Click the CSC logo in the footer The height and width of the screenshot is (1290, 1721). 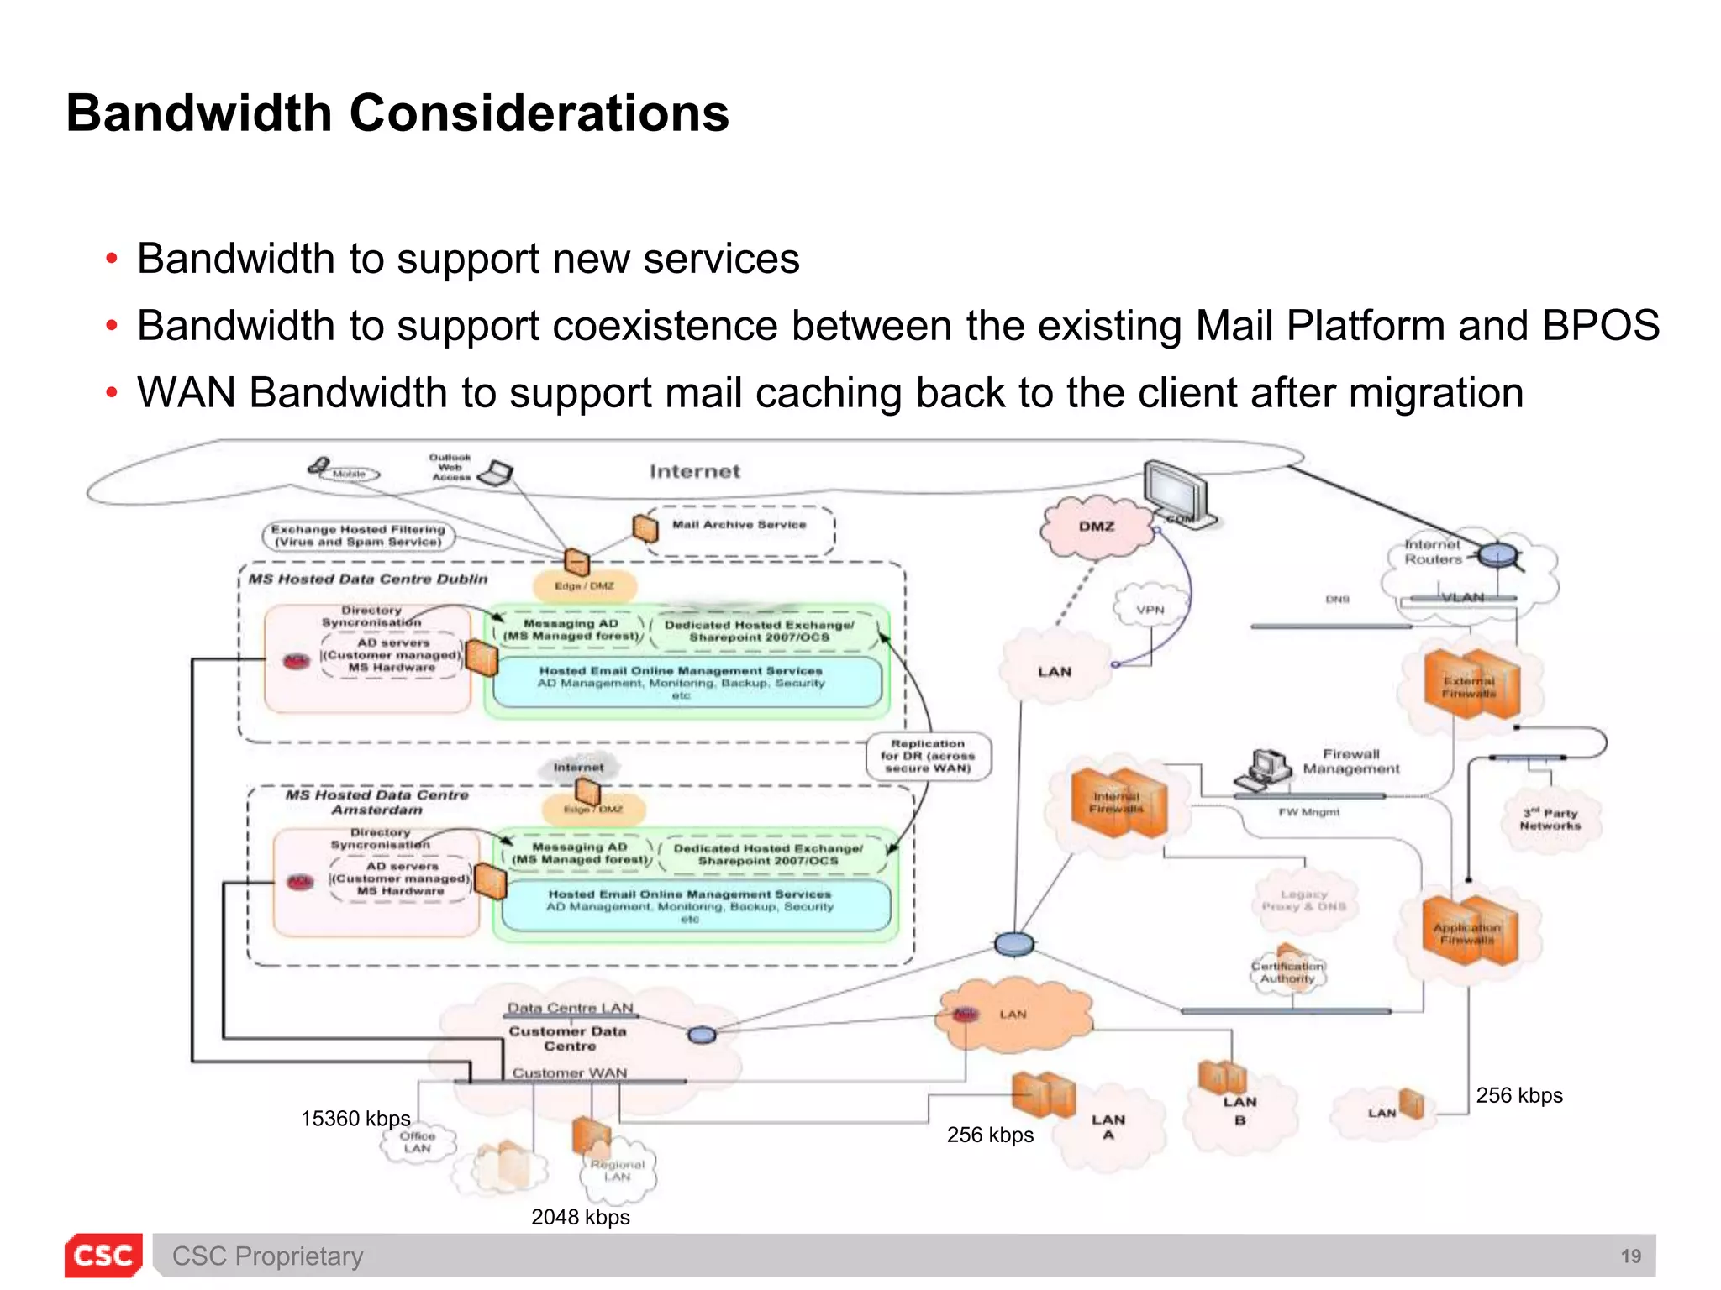[x=103, y=1256]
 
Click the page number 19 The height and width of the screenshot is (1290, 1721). [x=1630, y=1256]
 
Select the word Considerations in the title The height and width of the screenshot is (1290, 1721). [x=539, y=113]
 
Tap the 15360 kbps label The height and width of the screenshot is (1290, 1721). [x=355, y=1119]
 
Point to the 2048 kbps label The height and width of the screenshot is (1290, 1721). [x=580, y=1217]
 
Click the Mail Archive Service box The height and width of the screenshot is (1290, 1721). [x=739, y=527]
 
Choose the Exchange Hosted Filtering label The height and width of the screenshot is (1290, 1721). [x=358, y=536]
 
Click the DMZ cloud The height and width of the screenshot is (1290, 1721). [x=1097, y=527]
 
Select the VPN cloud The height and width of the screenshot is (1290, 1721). [x=1150, y=610]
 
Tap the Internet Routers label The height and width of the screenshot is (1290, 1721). [x=1434, y=552]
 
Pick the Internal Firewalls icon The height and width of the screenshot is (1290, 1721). [x=1118, y=802]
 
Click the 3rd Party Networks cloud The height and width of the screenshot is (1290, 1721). [x=1550, y=820]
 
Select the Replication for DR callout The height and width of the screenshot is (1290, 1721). [x=928, y=756]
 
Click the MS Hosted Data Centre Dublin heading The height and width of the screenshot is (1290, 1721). [x=368, y=579]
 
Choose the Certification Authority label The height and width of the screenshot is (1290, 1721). [x=1287, y=973]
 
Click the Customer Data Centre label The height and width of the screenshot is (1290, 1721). [x=568, y=1039]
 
